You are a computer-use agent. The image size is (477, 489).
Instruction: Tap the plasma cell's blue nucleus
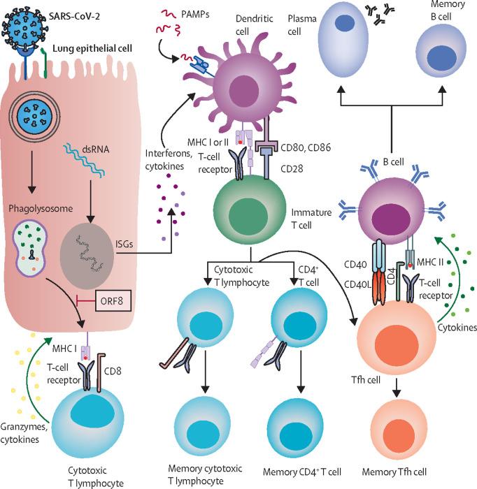(344, 24)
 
